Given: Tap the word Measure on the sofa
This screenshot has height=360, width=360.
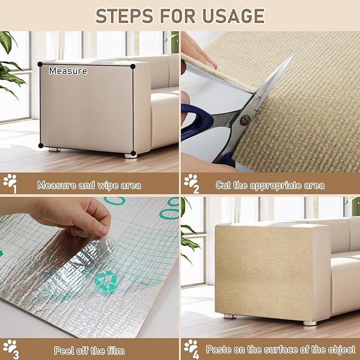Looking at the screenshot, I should pyautogui.click(x=68, y=71).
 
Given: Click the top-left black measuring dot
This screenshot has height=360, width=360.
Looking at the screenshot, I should pyautogui.click(x=40, y=64).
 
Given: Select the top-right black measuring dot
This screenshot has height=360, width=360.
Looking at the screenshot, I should pyautogui.click(x=133, y=66).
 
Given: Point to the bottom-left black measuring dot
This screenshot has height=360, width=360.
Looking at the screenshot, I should pyautogui.click(x=40, y=146).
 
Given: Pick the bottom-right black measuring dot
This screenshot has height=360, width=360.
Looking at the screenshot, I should pyautogui.click(x=133, y=154).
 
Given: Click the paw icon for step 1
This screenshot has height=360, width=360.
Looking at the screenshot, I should pyautogui.click(x=10, y=182).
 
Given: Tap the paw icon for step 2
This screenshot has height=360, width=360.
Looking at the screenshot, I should pyautogui.click(x=190, y=182).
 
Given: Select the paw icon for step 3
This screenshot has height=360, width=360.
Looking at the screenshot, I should pyautogui.click(x=10, y=347).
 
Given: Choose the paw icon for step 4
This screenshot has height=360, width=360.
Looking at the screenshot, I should pyautogui.click(x=190, y=347).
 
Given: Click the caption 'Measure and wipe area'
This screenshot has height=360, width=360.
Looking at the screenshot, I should pyautogui.click(x=89, y=186).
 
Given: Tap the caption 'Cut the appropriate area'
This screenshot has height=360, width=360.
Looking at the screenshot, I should pyautogui.click(x=270, y=186).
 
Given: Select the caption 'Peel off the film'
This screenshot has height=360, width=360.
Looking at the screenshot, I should pyautogui.click(x=89, y=350).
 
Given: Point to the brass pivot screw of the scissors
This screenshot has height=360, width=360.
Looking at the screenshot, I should pyautogui.click(x=244, y=120).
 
